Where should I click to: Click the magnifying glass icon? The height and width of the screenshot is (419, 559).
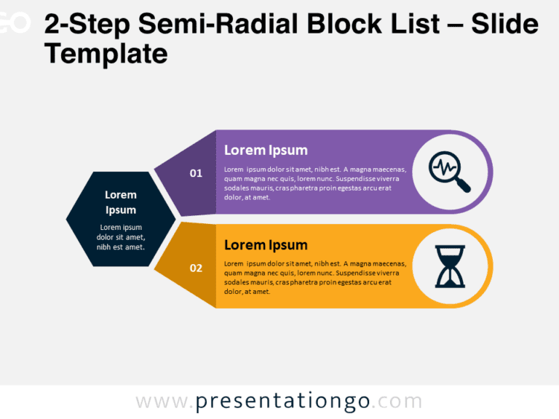click(449, 172)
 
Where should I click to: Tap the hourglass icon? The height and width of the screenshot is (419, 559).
click(449, 266)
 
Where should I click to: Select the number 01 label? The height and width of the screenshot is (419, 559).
click(196, 173)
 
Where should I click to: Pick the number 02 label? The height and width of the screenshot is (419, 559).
click(196, 268)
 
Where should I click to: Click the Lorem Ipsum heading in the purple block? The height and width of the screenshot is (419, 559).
click(266, 151)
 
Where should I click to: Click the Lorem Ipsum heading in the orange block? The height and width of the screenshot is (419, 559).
click(266, 245)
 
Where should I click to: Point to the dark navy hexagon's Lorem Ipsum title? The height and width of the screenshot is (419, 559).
click(121, 202)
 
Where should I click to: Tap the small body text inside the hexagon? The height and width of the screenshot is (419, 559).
click(121, 237)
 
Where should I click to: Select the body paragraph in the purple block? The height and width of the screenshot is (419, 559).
click(314, 183)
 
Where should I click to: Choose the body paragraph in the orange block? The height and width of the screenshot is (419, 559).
click(314, 278)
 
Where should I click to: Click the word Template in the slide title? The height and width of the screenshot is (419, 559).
click(106, 53)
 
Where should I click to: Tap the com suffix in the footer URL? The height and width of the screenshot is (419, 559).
click(400, 402)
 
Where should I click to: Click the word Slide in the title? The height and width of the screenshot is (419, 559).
click(504, 25)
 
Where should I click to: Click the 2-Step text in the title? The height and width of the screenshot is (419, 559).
click(87, 25)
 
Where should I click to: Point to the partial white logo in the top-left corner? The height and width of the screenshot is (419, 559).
click(15, 23)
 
